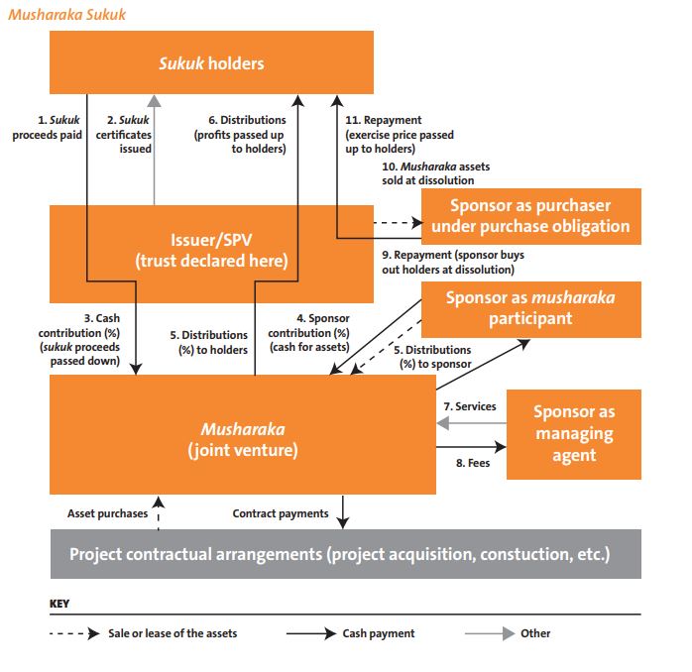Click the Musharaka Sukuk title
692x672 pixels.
(64, 15)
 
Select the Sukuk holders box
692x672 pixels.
(211, 62)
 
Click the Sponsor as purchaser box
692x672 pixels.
(530, 215)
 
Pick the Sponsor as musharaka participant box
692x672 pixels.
(530, 308)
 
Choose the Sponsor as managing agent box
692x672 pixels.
(573, 434)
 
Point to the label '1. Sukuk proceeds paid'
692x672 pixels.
(48, 127)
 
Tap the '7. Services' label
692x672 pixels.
(469, 406)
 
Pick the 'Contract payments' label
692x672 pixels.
(281, 513)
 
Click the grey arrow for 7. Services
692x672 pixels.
(470, 423)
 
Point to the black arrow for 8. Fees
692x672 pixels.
(470, 447)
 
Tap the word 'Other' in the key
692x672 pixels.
(535, 633)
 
